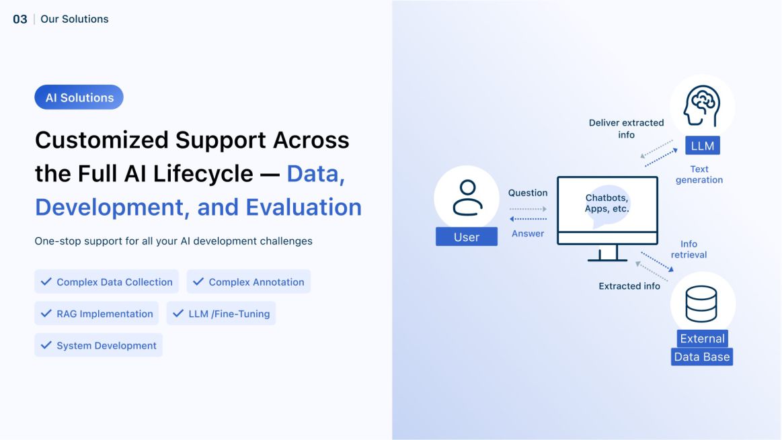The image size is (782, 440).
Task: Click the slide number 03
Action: (x=20, y=19)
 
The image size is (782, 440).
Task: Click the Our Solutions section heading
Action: (x=74, y=19)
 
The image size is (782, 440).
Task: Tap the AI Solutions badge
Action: (x=79, y=97)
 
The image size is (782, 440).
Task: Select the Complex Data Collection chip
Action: (x=107, y=282)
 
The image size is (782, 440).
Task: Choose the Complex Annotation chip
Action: (x=249, y=282)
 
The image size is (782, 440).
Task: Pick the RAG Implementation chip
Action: (x=97, y=314)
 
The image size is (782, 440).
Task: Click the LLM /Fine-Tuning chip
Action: (x=221, y=314)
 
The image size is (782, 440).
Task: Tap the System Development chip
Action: (x=99, y=345)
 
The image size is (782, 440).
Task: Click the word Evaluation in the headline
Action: (x=304, y=207)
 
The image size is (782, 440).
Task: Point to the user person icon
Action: (x=467, y=197)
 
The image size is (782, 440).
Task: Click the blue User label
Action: (x=467, y=237)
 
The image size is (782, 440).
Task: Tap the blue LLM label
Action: (x=703, y=146)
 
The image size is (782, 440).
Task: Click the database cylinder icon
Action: (x=701, y=304)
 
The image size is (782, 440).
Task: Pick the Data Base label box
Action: (x=702, y=357)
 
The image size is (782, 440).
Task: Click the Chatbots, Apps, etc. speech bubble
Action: (x=607, y=204)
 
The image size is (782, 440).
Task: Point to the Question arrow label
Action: (x=528, y=193)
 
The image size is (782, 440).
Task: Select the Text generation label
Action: (x=699, y=175)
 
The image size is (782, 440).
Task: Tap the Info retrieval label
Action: (x=689, y=249)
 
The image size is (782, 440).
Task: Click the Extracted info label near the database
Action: (x=629, y=286)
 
